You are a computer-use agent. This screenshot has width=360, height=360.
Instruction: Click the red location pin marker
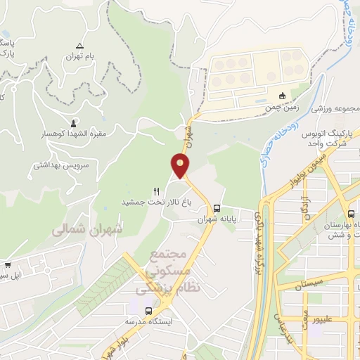coord(181,167)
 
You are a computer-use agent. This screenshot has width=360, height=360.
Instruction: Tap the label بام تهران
coord(79,56)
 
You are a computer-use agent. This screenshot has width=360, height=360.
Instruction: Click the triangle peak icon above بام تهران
coord(79,44)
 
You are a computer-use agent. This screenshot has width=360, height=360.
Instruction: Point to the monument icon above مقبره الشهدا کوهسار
coord(75,121)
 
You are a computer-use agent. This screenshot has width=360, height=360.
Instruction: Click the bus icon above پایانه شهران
coord(217,208)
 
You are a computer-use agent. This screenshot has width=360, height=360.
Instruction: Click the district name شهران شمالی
coord(86,229)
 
